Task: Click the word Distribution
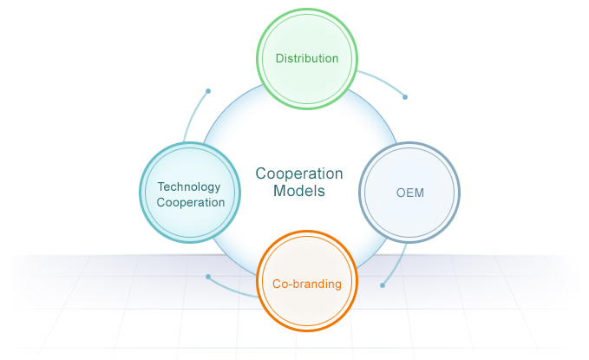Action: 306,59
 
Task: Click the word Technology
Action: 189,187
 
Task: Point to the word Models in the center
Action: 298,191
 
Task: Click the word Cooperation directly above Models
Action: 298,173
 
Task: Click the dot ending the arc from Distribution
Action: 404,97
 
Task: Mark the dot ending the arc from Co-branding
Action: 208,277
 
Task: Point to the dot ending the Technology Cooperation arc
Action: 208,90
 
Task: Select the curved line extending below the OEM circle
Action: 399,260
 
